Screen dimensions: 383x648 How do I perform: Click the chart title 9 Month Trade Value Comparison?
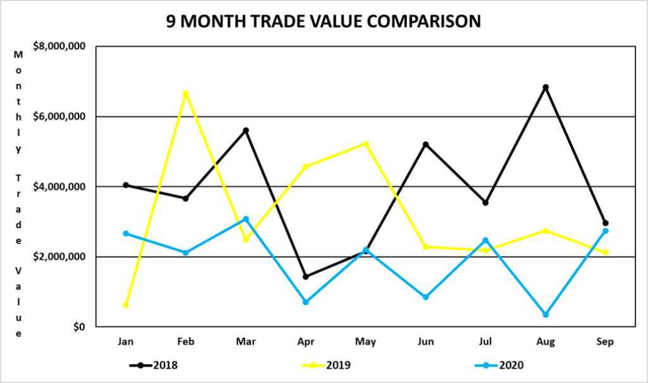323,21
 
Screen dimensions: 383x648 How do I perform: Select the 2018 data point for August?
545,87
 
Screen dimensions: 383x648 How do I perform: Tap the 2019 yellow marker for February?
185,94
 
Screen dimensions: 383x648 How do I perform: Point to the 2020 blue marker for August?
545,314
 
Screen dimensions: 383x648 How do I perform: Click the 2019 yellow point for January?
126,305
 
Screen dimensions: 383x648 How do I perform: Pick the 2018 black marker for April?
306,277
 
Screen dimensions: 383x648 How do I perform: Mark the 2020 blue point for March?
246,219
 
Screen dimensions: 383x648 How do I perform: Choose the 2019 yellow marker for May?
366,144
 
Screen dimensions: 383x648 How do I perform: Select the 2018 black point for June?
426,145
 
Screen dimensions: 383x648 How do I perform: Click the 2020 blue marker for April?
306,302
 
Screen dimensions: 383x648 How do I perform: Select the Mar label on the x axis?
246,342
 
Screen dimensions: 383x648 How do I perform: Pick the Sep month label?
606,342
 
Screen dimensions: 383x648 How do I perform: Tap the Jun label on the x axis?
426,342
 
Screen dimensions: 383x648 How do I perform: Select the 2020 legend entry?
501,365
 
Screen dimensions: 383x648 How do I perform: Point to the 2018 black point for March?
246,130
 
